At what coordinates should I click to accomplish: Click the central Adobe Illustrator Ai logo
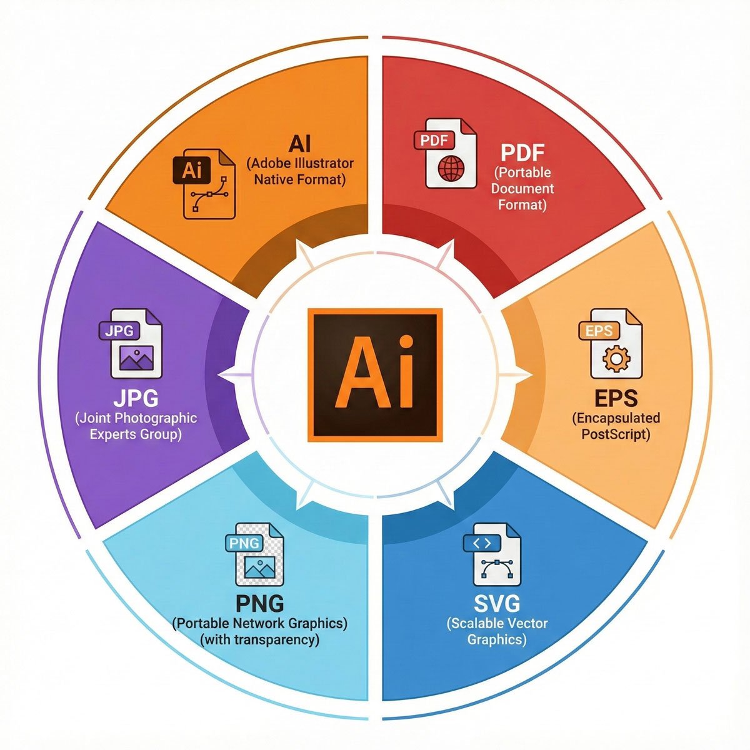[x=375, y=375]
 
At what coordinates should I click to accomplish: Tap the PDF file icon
[x=445, y=153]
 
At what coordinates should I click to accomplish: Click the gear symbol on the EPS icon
[x=616, y=357]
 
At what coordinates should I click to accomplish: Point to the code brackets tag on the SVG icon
[x=482, y=543]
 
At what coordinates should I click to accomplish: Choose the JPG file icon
[x=131, y=343]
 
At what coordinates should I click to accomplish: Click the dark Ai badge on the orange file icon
[x=192, y=170]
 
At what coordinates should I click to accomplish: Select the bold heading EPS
[x=616, y=398]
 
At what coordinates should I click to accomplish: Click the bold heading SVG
[x=497, y=604]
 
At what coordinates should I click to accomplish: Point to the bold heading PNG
[x=260, y=604]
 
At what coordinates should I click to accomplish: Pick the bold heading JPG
[x=136, y=398]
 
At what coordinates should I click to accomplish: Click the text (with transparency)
[x=259, y=639]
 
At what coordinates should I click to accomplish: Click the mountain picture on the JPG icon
[x=136, y=359]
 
